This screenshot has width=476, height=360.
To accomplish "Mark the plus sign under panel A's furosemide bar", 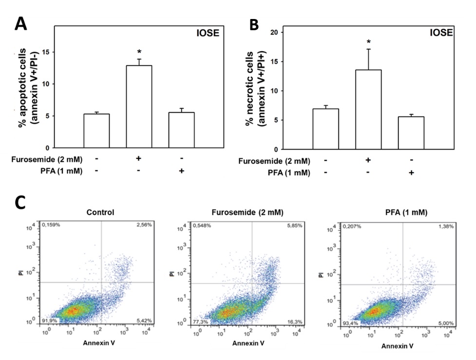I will tap(139, 159).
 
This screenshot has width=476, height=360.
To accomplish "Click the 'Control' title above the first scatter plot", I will tap(100, 212).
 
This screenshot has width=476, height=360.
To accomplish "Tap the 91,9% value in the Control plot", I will tap(50, 320).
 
